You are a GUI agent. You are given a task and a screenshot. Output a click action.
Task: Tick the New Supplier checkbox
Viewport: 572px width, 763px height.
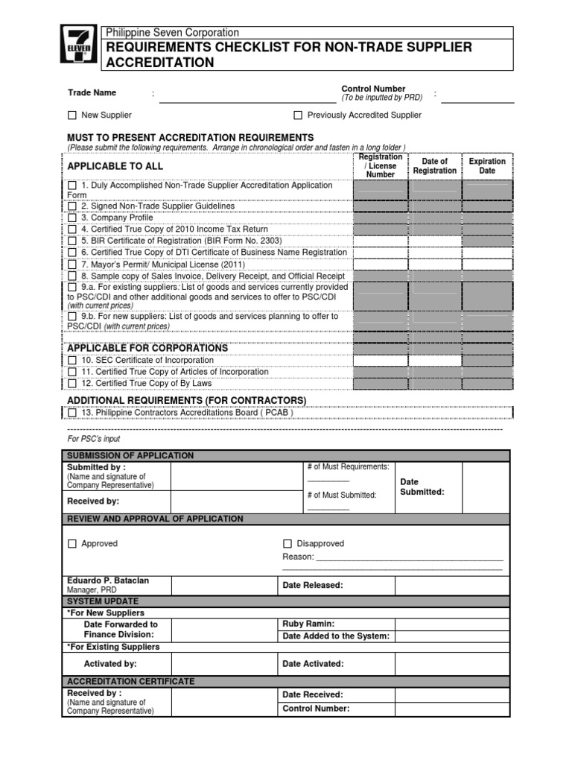(72, 115)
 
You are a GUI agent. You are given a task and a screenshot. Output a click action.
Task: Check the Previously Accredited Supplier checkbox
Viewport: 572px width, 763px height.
(298, 115)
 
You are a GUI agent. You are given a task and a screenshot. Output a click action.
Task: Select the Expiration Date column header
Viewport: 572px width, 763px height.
(487, 166)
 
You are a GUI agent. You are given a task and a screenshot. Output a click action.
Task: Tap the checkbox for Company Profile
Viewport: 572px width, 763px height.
(72, 218)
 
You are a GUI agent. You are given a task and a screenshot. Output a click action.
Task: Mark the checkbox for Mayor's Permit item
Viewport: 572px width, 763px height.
(72, 265)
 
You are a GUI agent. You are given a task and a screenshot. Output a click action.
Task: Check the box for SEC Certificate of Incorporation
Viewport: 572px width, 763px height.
(72, 361)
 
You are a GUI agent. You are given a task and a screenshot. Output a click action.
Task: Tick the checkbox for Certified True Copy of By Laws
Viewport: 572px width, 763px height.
(72, 384)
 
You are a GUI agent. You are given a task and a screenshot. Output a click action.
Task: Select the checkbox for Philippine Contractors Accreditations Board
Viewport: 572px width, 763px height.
(72, 413)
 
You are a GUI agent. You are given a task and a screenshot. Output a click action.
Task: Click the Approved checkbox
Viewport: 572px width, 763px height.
(72, 544)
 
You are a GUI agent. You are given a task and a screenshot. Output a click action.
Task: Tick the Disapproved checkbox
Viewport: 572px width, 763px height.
(287, 544)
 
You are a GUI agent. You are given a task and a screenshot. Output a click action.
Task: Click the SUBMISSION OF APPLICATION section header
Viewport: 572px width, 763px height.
(130, 455)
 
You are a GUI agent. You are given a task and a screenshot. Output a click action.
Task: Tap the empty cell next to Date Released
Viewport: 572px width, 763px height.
(452, 586)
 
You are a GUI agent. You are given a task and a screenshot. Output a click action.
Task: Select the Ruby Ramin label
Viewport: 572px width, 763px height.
(308, 624)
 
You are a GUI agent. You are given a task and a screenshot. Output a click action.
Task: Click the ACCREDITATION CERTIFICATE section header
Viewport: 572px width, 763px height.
(131, 682)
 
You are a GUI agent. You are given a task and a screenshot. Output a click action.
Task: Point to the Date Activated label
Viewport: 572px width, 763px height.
(313, 664)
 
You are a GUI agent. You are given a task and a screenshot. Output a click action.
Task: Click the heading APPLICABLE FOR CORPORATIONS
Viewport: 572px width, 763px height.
(147, 348)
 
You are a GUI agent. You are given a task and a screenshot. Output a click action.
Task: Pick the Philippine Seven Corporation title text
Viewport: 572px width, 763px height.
(173, 33)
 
